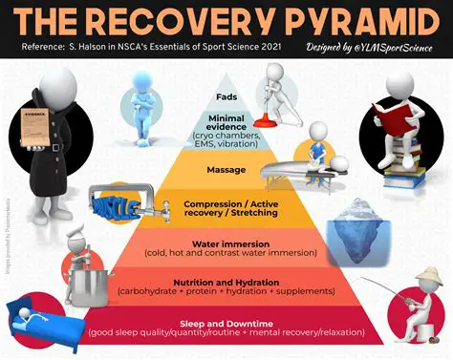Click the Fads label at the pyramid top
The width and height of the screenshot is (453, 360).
227,96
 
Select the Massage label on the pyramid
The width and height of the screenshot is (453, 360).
226,171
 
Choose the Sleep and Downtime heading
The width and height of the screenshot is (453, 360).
226,322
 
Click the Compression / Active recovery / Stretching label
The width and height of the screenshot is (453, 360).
226,207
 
